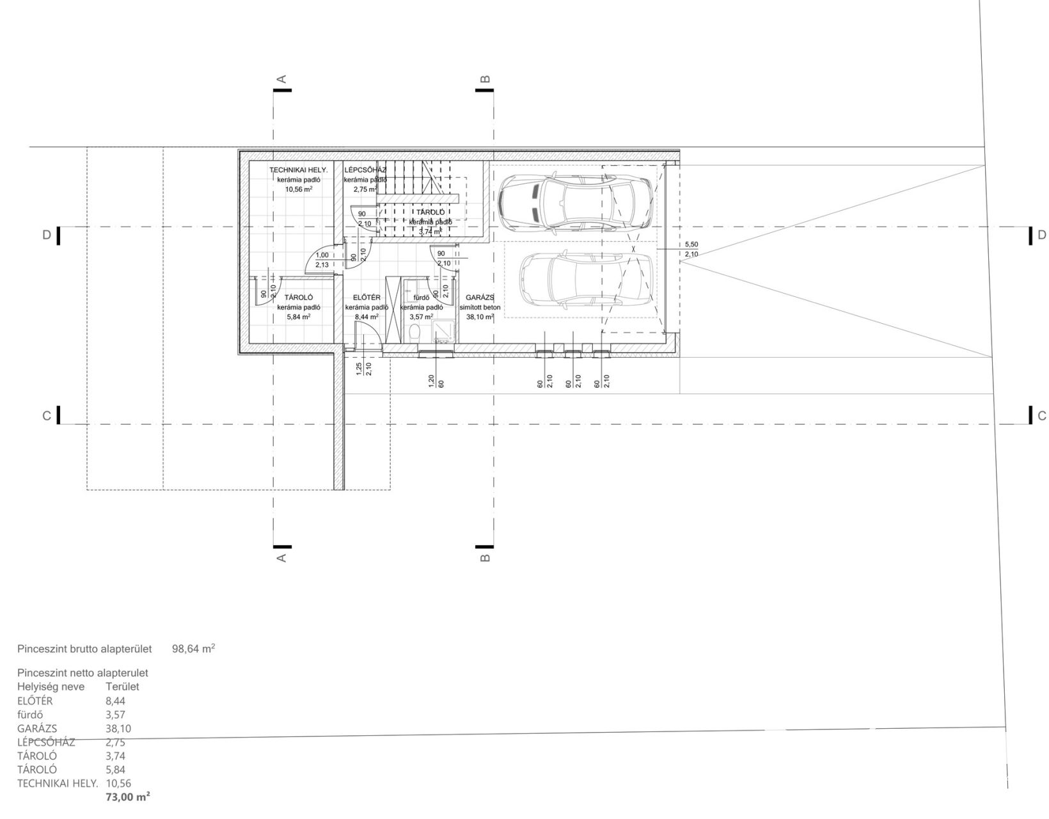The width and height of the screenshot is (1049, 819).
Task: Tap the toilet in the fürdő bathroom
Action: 414,333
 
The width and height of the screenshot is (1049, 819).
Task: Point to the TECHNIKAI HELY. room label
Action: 299,170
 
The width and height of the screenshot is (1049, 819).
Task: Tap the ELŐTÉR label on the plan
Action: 367,298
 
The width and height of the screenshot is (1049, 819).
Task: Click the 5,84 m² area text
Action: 299,317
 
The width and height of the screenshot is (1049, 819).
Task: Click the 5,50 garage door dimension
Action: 692,244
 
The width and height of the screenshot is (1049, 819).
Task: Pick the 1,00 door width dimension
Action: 322,255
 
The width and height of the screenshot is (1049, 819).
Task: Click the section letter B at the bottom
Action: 485,558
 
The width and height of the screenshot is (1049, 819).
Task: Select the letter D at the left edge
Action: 46,235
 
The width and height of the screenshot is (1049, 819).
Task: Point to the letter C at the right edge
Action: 1041,416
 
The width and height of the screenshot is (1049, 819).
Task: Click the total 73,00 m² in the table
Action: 128,797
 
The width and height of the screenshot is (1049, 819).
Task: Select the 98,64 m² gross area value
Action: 193,648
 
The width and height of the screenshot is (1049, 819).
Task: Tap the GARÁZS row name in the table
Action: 37,728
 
